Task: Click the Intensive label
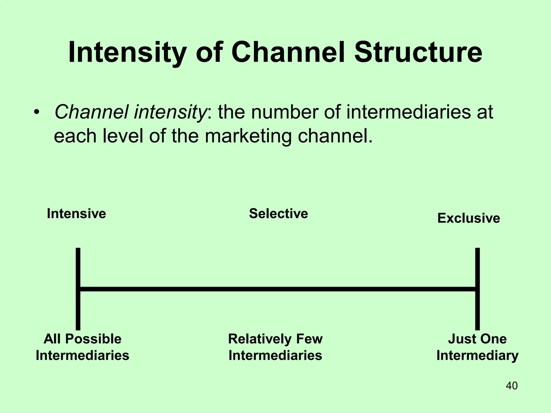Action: (x=76, y=214)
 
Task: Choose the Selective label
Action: (x=278, y=214)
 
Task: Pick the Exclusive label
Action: (x=469, y=218)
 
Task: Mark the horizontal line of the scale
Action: (x=277, y=289)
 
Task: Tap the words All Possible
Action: (x=82, y=339)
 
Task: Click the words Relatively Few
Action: (x=275, y=339)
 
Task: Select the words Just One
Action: (x=477, y=339)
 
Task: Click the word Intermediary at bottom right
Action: (x=477, y=355)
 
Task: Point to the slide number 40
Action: (x=511, y=386)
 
